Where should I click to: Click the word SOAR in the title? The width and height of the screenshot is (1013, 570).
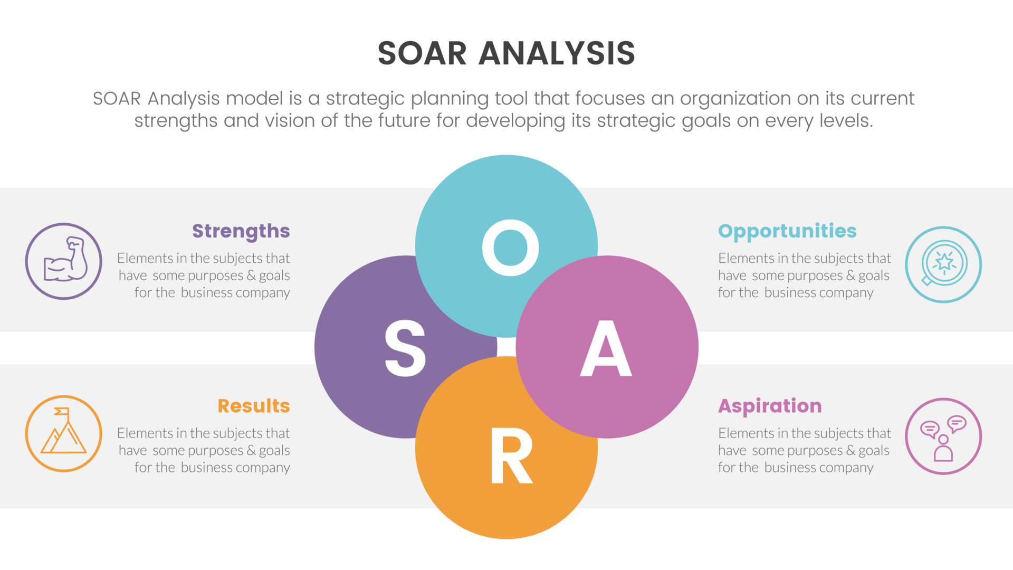[x=422, y=53]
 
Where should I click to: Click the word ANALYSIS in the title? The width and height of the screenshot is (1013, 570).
[x=557, y=53]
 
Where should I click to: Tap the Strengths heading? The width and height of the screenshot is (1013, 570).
[x=241, y=231]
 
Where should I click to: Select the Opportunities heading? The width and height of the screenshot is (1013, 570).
[x=787, y=231]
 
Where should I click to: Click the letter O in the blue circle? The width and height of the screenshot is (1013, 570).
[x=510, y=248]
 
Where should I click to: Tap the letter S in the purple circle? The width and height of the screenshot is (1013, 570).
[x=405, y=349]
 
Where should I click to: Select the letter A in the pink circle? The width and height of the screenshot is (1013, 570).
[x=606, y=349]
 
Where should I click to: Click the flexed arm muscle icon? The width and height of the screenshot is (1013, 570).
[x=64, y=261]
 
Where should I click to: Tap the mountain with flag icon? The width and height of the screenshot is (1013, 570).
[x=64, y=433]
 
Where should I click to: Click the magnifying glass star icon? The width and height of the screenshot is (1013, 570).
[x=943, y=264]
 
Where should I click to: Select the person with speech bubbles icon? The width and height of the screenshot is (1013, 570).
[x=943, y=436]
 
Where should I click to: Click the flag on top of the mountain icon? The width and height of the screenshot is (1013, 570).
[x=62, y=411]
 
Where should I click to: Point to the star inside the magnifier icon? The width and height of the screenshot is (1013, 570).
[x=944, y=262]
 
